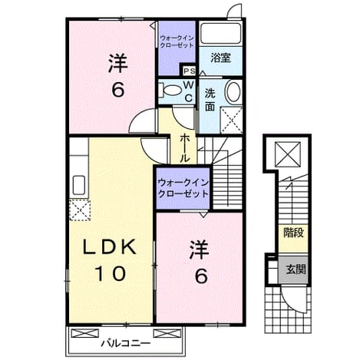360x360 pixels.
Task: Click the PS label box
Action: pyautogui.click(x=189, y=71)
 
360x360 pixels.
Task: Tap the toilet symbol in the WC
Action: pyautogui.click(x=170, y=90)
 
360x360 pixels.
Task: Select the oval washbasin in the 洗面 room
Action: pyautogui.click(x=233, y=91)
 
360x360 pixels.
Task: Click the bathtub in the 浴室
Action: pyautogui.click(x=220, y=33)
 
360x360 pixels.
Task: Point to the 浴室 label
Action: pyautogui.click(x=220, y=58)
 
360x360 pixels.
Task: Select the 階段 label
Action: pyautogui.click(x=293, y=233)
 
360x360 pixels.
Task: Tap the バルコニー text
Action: pyautogui.click(x=125, y=343)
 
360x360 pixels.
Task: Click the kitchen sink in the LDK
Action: pyautogui.click(x=79, y=185)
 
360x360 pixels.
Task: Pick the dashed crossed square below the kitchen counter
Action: pyautogui.click(x=80, y=210)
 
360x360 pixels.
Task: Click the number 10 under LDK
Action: pyautogui.click(x=111, y=273)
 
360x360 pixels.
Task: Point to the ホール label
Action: pyautogui.click(x=184, y=148)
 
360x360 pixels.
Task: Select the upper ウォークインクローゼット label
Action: pyautogui.click(x=177, y=41)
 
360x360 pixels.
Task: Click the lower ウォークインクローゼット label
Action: pyautogui.click(x=183, y=188)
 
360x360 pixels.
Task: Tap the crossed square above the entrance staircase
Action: pyautogui.click(x=288, y=154)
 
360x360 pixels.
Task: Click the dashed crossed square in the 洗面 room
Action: pyautogui.click(x=231, y=121)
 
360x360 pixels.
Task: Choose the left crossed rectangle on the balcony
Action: pyautogui.click(x=84, y=333)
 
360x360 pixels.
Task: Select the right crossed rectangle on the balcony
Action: pyautogui.click(x=167, y=333)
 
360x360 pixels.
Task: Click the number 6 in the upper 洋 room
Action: pyautogui.click(x=118, y=90)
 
